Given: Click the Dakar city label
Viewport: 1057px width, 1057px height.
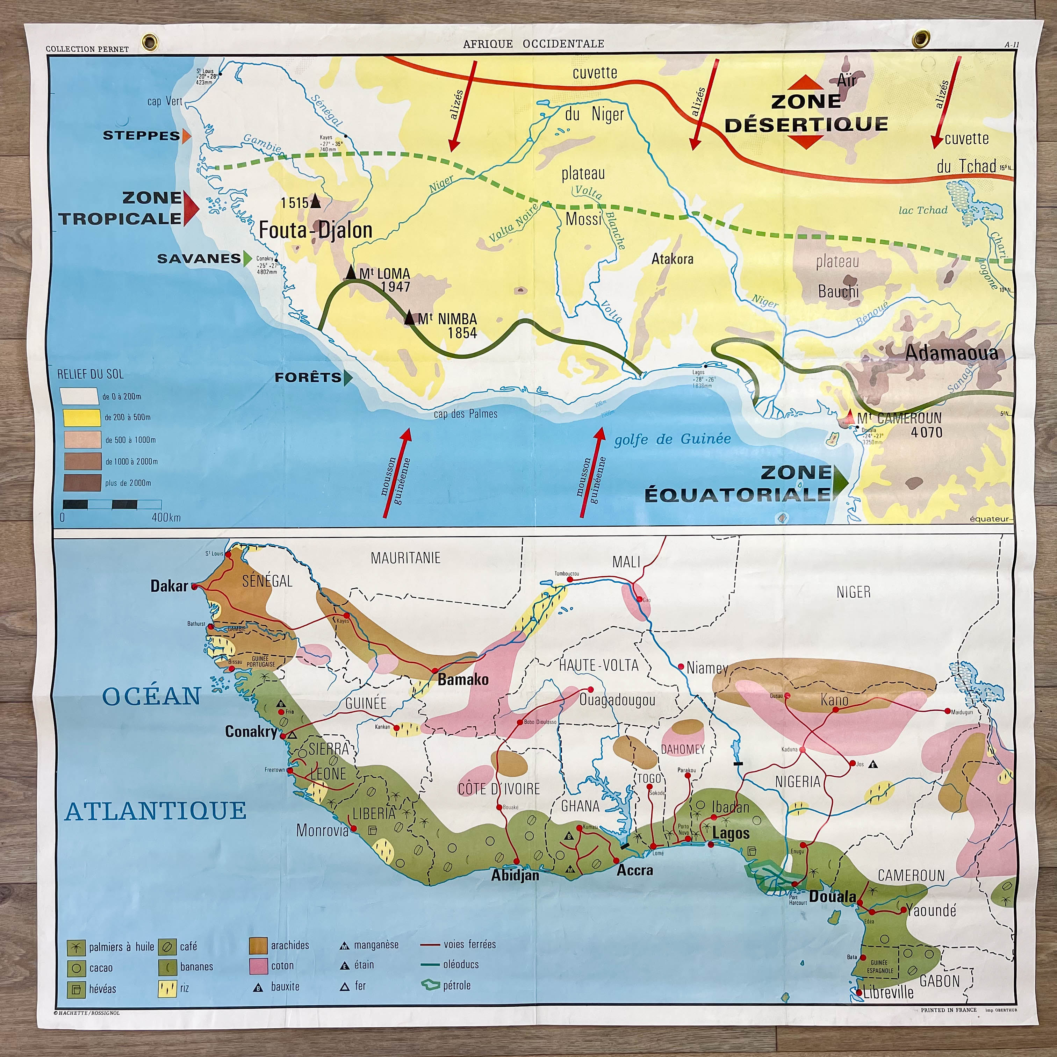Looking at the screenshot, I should point(169,586).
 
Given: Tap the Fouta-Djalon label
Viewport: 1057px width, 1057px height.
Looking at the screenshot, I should point(315,230).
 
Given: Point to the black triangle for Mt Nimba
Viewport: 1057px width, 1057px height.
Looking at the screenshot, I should point(410,318).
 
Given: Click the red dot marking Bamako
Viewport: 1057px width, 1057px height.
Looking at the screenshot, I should point(435,671).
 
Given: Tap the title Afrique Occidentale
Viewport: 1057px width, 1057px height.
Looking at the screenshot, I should point(533,44).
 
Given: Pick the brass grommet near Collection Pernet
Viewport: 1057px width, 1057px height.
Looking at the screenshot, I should point(149,41).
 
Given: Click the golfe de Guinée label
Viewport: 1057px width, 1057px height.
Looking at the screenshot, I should point(673,439).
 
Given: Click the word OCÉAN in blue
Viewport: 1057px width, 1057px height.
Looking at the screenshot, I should point(152,697).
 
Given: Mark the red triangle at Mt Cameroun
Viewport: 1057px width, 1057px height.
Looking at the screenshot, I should point(849,418).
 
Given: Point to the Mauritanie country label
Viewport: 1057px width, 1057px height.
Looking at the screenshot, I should point(405,558).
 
